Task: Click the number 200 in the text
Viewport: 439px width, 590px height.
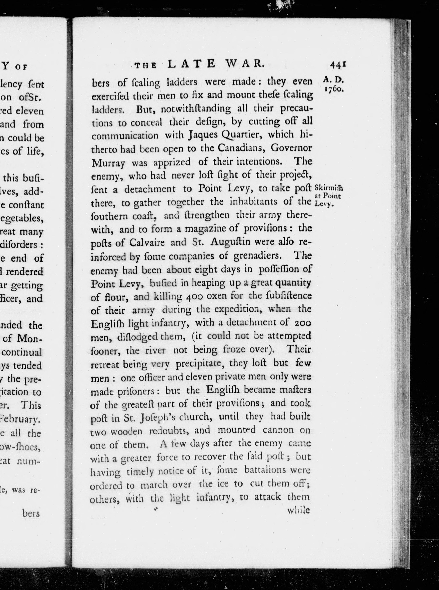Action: coord(303,323)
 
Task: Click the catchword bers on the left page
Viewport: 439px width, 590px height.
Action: coord(31,513)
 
